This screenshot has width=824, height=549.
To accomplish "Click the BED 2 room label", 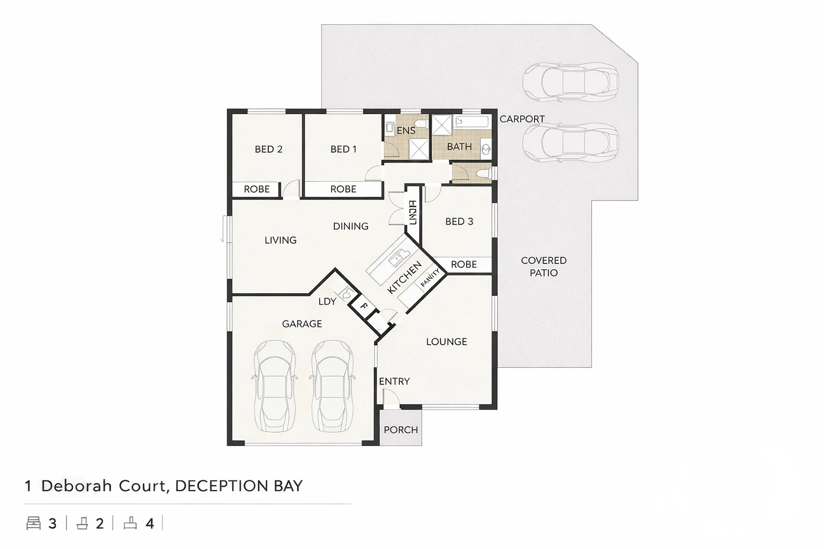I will [268, 149].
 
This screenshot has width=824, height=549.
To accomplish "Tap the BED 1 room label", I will [343, 149].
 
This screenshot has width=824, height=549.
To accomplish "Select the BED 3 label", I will [459, 221].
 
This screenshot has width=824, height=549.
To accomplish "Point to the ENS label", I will [406, 130].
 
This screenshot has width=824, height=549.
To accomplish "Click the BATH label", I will [459, 146].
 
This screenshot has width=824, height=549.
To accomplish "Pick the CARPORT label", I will [522, 119].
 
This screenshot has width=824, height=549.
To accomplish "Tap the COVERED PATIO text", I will [543, 266].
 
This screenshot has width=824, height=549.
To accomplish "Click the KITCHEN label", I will [404, 277].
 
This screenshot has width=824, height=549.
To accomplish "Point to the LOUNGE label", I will [446, 342].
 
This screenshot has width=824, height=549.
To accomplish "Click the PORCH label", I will [401, 430].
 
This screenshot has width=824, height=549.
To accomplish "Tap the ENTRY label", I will [394, 381].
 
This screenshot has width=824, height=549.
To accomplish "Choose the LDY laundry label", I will [327, 301].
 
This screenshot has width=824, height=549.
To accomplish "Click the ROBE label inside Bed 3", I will [464, 264].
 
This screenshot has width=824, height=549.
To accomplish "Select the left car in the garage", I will [274, 386].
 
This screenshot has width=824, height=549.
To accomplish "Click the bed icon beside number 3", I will [33, 523].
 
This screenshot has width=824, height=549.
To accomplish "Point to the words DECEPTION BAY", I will [239, 486].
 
